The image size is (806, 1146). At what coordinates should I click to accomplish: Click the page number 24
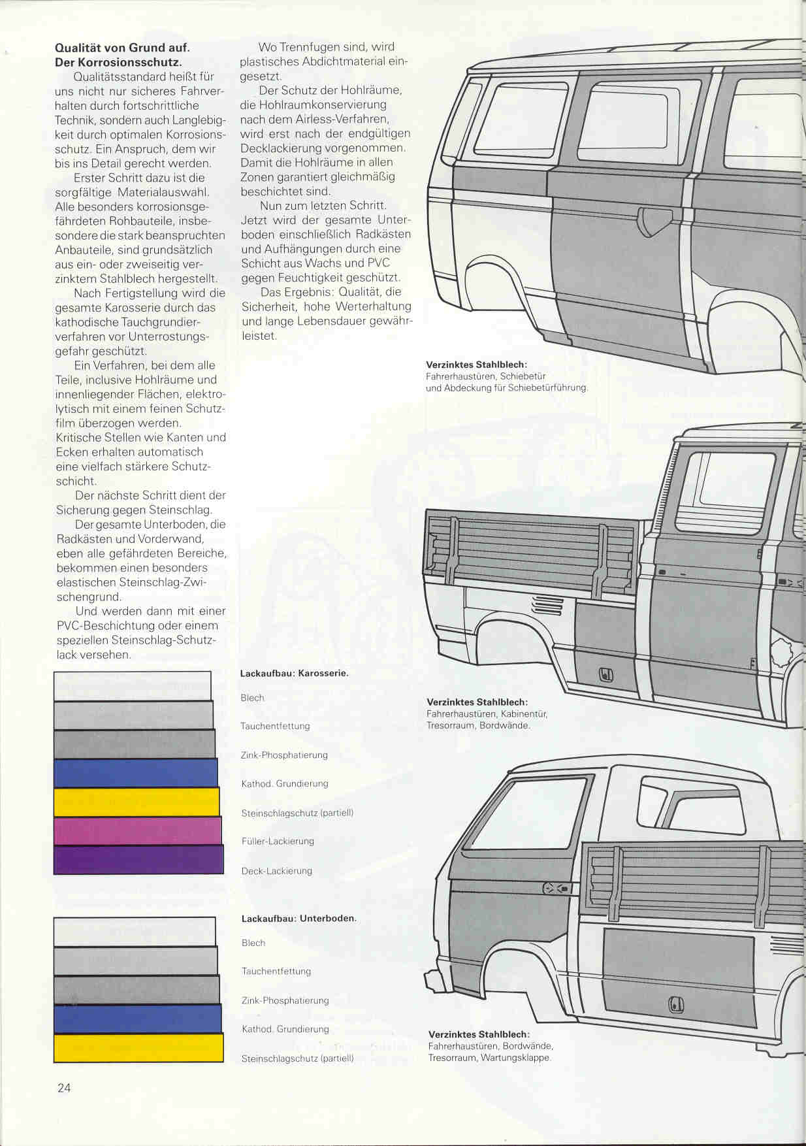64,1089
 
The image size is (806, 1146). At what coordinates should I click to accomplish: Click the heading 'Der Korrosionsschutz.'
118,62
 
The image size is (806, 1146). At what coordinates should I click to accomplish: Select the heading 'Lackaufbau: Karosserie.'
294,674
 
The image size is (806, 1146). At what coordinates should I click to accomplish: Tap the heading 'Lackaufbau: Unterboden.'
299,919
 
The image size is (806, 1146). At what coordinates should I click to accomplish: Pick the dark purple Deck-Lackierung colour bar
138,860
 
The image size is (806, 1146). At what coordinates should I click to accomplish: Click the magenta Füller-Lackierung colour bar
138,831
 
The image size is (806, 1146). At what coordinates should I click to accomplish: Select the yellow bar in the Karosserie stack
137,802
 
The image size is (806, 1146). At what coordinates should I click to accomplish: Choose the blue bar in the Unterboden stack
138,1019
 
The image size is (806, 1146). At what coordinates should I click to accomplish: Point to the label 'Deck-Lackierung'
277,871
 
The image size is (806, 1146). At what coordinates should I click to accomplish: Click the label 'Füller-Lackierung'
278,842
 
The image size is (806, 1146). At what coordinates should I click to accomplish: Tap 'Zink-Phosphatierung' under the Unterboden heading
285,1000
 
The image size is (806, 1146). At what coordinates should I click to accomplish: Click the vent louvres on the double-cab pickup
549,606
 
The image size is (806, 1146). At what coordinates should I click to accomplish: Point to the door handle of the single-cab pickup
557,888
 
